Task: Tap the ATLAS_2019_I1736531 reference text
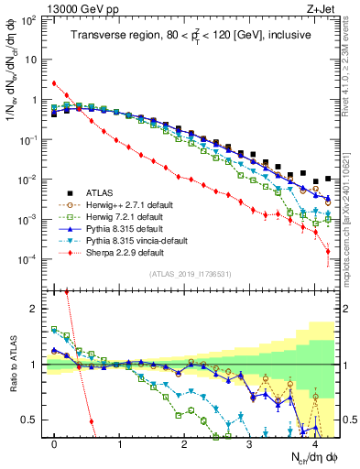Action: pyautogui.click(x=191, y=274)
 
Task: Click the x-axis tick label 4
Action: pyautogui.click(x=314, y=443)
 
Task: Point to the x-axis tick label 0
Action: pyautogui.click(x=55, y=443)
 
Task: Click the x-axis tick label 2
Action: pyautogui.click(x=185, y=443)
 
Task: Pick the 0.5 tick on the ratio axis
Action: pyautogui.click(x=34, y=420)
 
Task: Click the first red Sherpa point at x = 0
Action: pyautogui.click(x=54, y=83)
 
